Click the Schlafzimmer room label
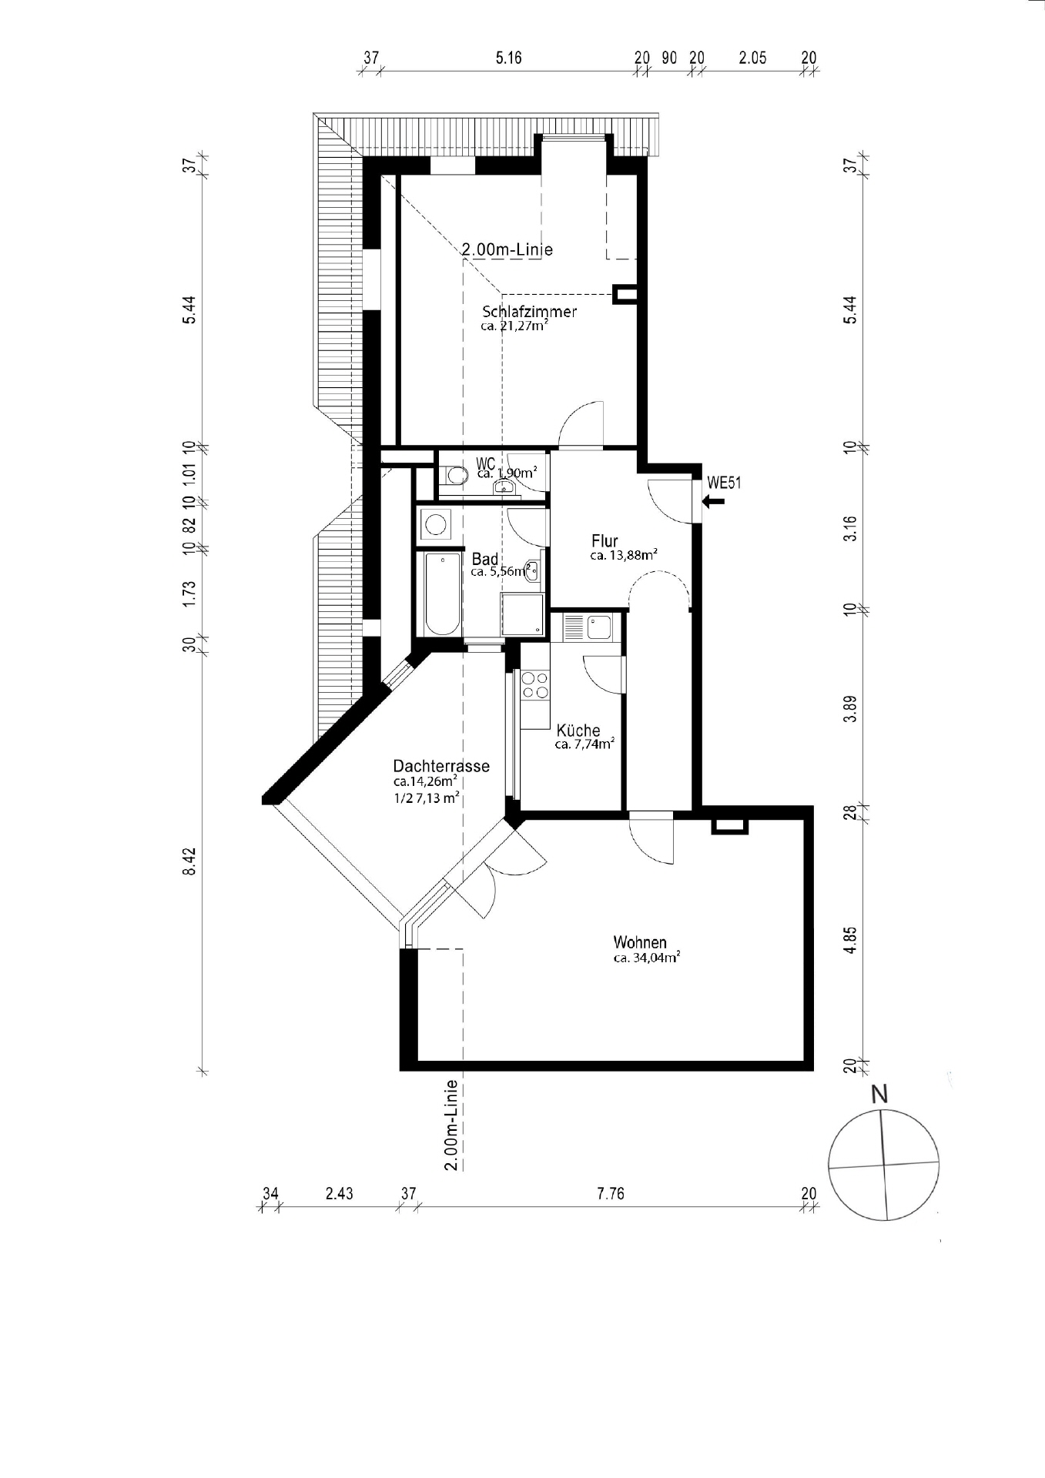coord(530,312)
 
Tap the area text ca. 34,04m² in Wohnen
coord(646,958)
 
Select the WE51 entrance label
coord(724,483)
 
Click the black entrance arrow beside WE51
coord(714,502)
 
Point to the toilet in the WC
coord(454,476)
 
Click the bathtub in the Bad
coord(441,593)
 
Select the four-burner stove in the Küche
coord(535,685)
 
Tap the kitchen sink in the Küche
coord(598,627)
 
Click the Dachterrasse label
coord(441,766)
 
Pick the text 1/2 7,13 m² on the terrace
coord(427,798)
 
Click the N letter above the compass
coord(879,1094)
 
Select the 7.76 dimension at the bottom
coord(610,1194)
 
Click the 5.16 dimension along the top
coord(508,58)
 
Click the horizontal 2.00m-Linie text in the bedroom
coord(507,249)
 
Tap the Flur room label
coord(605,541)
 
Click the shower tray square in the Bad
coord(523,615)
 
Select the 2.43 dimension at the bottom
coord(339,1194)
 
